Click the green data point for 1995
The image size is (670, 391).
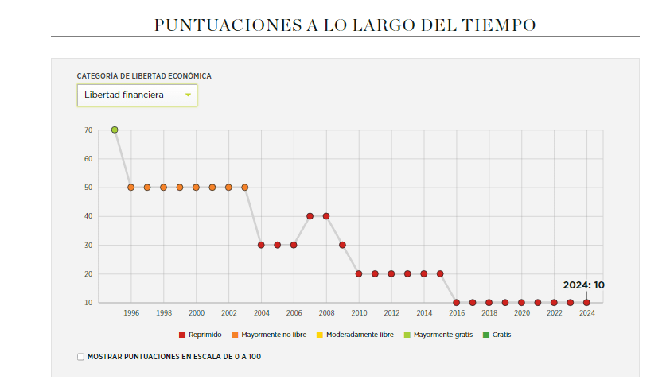point(115,130)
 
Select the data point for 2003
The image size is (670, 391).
point(245,188)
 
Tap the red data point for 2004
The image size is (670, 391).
point(261,245)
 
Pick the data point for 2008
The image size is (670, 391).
point(326,216)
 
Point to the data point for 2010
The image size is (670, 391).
point(359,273)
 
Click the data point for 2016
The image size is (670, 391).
point(456,303)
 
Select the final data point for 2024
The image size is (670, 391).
point(586,303)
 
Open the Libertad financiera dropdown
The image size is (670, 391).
point(137,95)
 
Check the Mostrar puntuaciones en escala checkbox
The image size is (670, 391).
point(80,357)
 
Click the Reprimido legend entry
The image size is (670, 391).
point(201,335)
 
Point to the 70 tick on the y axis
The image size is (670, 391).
point(88,130)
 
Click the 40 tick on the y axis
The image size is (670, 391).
point(88,216)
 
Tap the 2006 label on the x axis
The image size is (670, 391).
point(294,313)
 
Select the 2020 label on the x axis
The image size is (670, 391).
point(521,313)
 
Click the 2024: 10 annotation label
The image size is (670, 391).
point(583,285)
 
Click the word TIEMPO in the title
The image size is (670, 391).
point(498,25)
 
